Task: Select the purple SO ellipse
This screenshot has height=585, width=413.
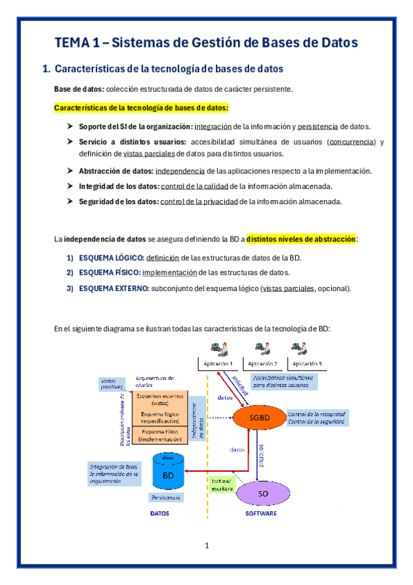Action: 262,494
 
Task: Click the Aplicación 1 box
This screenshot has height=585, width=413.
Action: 217,364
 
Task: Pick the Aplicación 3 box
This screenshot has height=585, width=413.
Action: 307,364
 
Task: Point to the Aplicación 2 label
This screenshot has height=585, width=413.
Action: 262,364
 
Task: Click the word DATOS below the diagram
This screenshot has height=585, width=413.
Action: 159,513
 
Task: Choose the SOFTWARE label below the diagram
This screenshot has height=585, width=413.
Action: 261,513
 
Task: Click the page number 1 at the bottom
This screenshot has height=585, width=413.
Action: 206,546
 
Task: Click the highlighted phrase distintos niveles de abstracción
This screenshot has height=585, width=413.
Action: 301,239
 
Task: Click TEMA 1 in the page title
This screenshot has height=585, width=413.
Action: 77,43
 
